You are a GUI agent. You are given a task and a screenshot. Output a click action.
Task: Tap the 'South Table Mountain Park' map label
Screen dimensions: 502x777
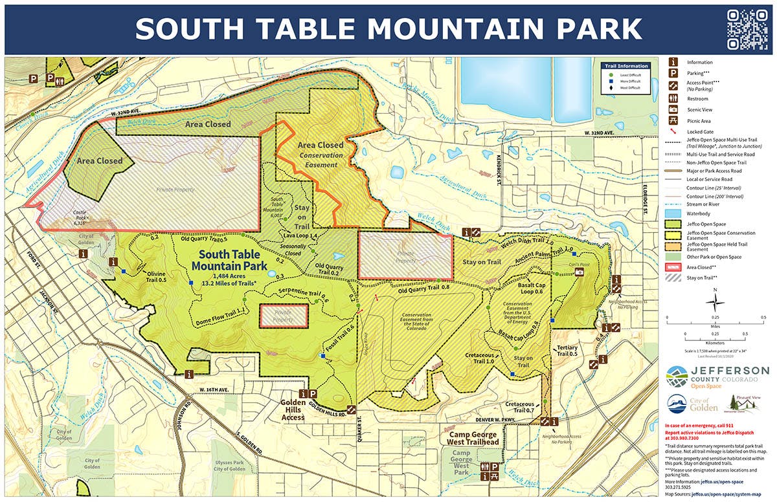pos(233,260)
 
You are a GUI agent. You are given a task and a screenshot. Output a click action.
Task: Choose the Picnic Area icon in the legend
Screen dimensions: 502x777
pos(674,120)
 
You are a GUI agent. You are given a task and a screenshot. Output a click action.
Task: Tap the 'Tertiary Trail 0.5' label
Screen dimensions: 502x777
pos(567,351)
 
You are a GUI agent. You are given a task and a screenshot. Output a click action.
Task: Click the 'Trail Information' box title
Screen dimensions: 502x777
pos(625,66)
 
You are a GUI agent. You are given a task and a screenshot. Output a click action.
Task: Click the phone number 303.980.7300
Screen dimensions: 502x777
pos(687,438)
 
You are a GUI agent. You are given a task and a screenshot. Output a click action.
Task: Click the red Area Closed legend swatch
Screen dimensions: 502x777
pos(674,267)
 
